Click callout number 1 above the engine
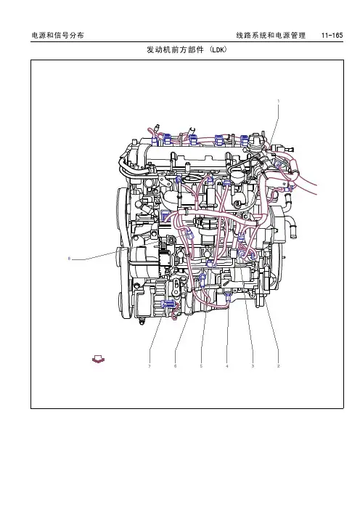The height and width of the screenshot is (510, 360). (x=278, y=101)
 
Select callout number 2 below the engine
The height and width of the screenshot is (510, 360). (x=278, y=366)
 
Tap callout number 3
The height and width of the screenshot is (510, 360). (x=253, y=366)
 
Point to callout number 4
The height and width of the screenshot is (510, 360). (x=226, y=366)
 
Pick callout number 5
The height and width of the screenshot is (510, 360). (x=201, y=366)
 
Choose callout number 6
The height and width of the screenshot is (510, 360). (x=175, y=366)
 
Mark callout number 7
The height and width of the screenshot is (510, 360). (x=150, y=366)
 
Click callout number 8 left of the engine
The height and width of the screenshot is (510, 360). (x=69, y=259)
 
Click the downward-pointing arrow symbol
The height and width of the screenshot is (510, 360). (x=98, y=360)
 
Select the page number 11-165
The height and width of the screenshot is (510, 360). (x=332, y=35)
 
